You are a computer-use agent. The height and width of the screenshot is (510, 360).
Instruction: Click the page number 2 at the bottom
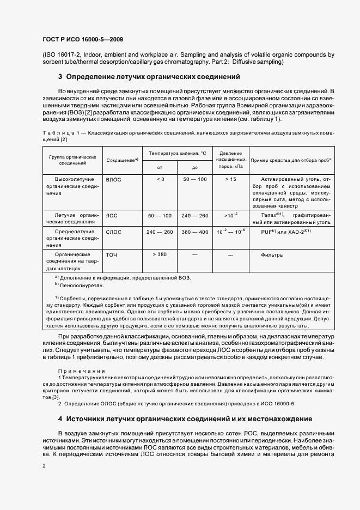point(44,466)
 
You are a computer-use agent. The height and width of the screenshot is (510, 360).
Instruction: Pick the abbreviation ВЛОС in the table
point(113,179)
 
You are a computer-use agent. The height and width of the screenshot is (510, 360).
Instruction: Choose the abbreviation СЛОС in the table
point(113,232)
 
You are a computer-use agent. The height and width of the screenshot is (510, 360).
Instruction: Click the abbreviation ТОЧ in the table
point(111,255)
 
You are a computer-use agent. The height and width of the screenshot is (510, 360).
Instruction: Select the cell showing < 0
point(160,179)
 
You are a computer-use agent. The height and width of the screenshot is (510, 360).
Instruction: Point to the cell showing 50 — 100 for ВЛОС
point(194,179)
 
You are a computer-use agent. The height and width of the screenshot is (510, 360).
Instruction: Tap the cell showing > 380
point(160,254)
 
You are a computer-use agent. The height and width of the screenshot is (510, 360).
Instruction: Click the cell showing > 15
point(230,179)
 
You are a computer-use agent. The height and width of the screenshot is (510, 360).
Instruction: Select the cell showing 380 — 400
point(194,232)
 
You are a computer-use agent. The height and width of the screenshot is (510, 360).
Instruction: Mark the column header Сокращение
point(121,160)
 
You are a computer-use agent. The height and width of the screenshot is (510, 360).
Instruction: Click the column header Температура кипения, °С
point(178,154)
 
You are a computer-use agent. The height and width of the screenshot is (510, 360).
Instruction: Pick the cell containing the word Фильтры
point(272,254)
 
